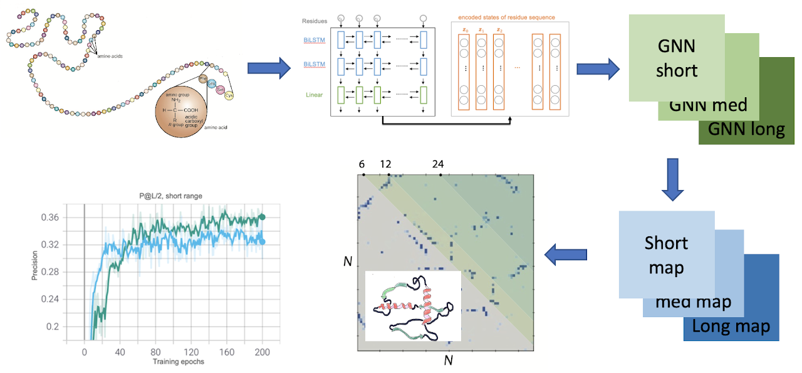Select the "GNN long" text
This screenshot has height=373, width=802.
746,129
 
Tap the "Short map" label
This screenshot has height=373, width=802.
666,255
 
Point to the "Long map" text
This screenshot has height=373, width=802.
731,326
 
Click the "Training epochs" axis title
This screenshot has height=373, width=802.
169,362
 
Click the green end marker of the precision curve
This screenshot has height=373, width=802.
262,217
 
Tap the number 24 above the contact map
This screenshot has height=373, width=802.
438,164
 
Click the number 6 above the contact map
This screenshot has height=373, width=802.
362,164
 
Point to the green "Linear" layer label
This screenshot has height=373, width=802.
315,95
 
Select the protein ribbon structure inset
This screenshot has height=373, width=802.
413,306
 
